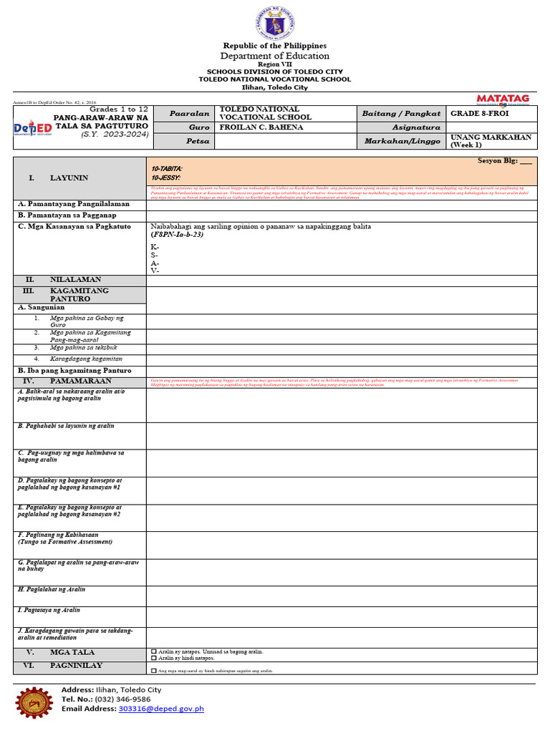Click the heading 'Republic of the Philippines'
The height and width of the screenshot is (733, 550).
[274, 46]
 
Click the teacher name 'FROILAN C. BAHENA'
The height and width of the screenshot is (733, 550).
[251, 127]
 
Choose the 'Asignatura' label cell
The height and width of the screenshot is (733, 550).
[402, 127]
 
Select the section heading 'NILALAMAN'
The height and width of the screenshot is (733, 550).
[74, 280]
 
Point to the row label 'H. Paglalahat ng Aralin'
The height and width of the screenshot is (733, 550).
[52, 589]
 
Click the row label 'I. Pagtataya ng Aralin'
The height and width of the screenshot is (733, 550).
[49, 611]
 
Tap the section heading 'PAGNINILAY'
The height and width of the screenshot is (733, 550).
[75, 666]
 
